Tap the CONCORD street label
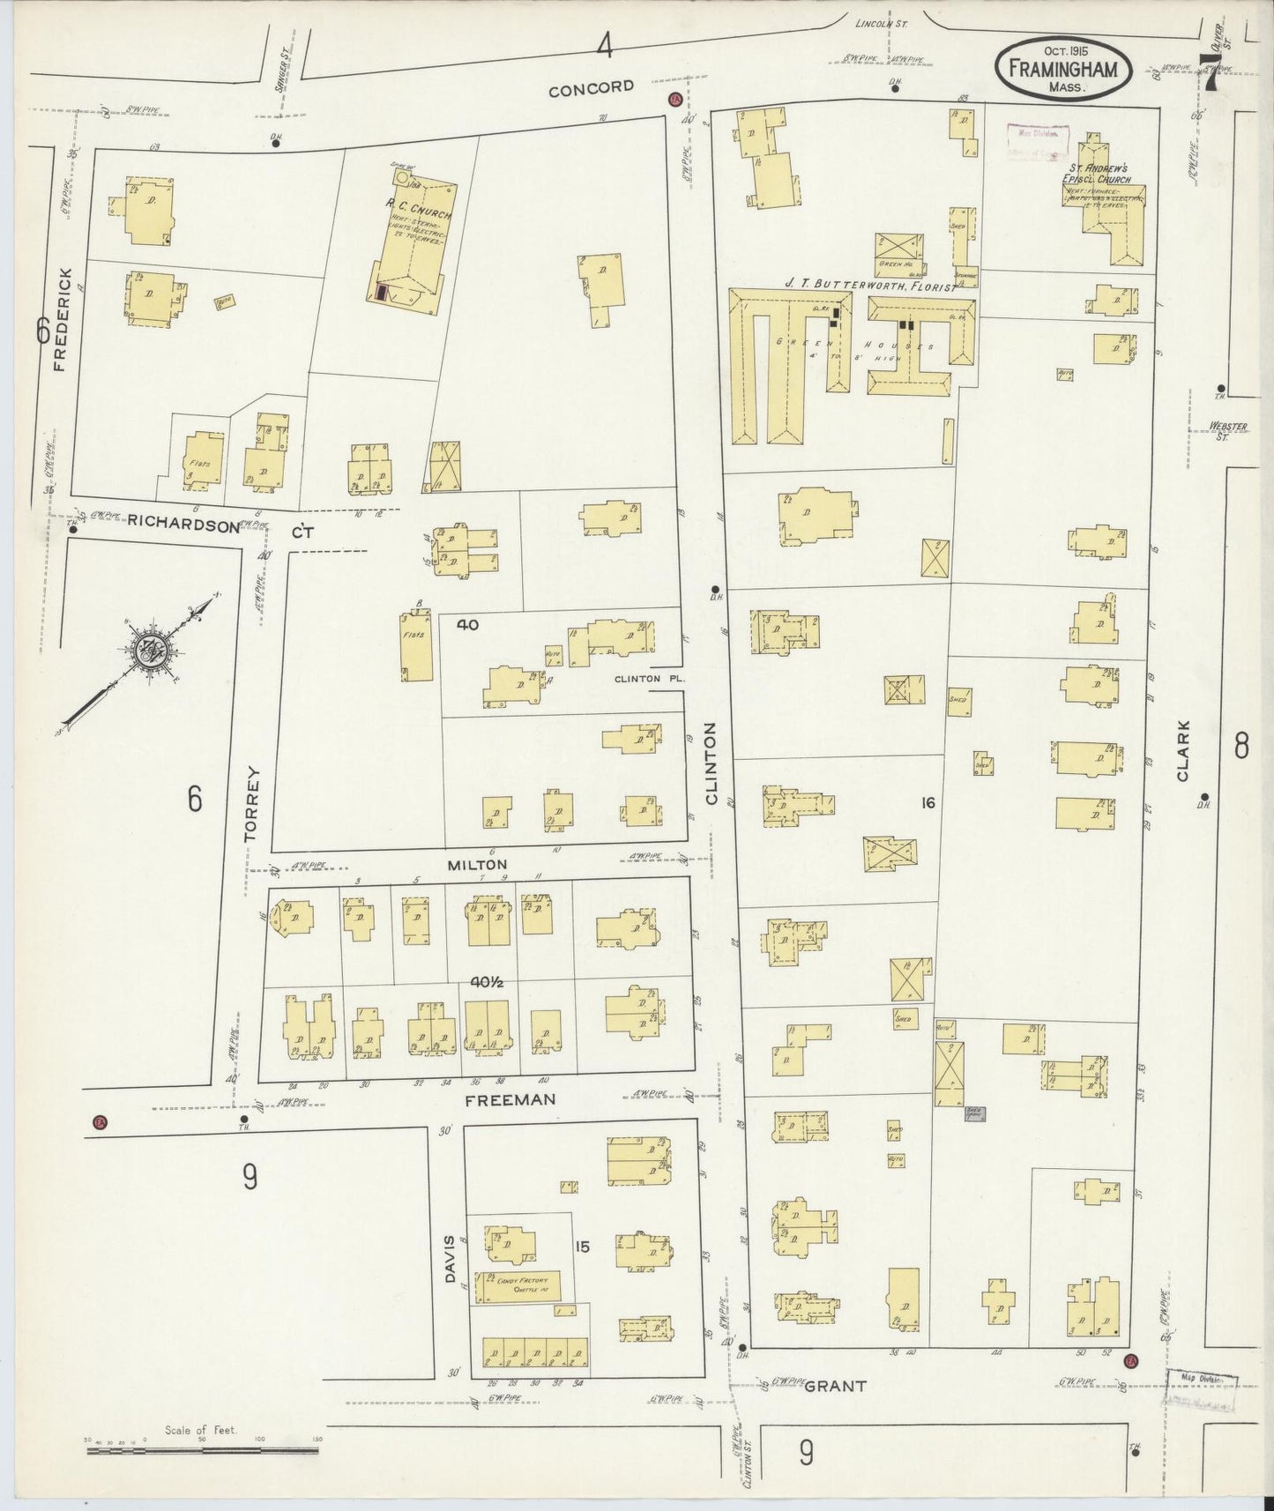point(591,86)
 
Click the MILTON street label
point(477,865)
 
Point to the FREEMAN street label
point(510,1099)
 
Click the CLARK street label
point(1182,751)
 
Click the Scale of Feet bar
point(202,1447)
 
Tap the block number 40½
point(486,981)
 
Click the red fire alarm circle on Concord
point(674,100)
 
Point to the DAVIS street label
point(450,1259)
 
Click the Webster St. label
point(1228,430)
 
